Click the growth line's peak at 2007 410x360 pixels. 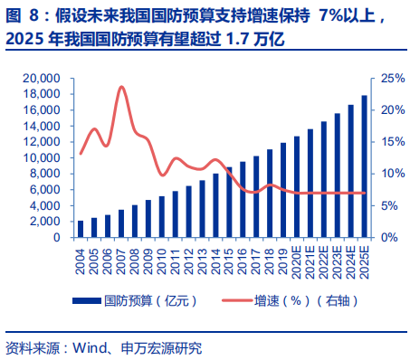point(121,87)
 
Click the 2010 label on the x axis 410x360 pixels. point(162,257)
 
